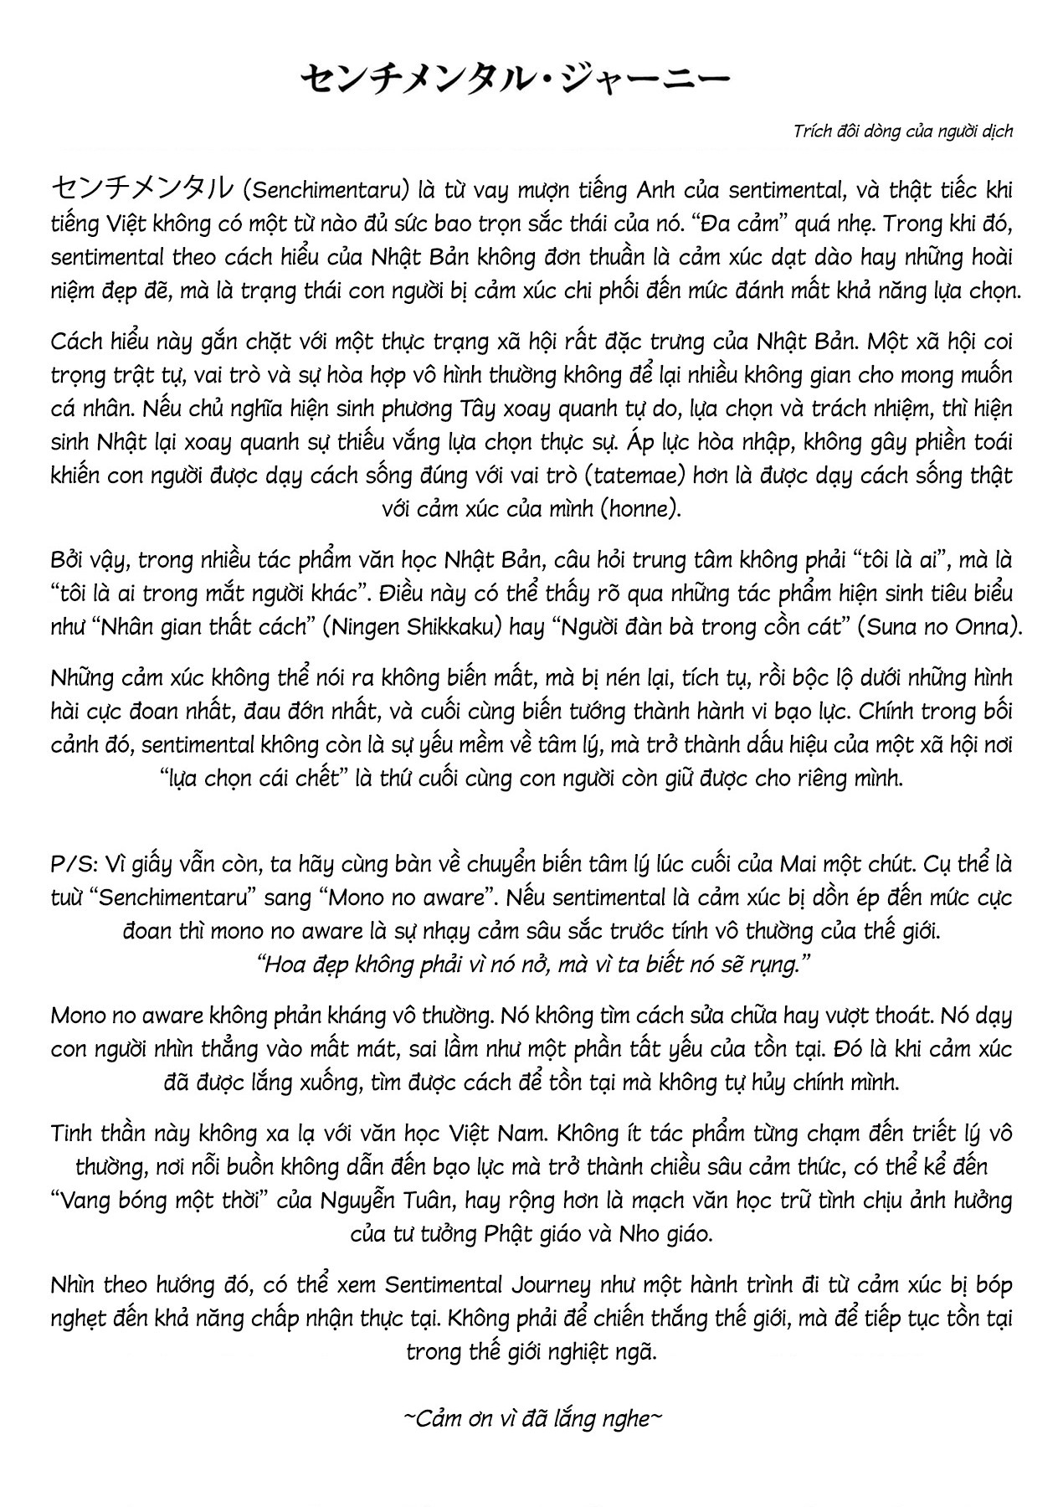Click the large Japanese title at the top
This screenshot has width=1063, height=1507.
515,80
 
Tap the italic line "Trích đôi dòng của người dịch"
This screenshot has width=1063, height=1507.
901,131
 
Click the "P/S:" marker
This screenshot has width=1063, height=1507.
73,864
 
